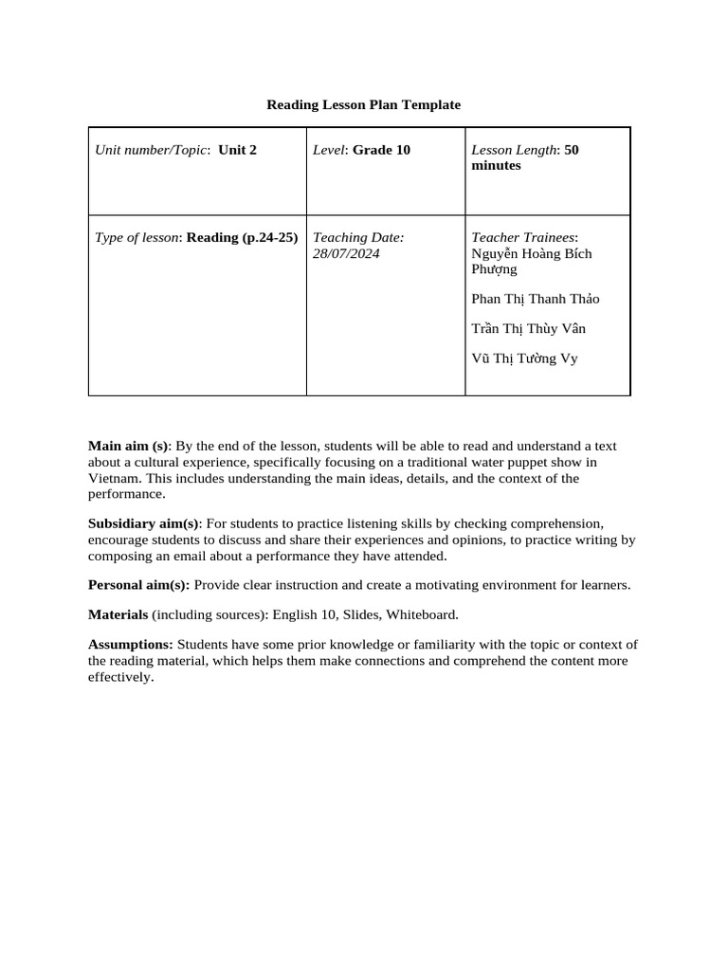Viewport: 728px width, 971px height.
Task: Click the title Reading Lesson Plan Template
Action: (363, 104)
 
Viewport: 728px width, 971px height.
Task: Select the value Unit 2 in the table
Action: (237, 150)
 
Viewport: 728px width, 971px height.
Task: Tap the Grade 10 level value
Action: (381, 150)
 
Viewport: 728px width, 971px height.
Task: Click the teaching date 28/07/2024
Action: (346, 253)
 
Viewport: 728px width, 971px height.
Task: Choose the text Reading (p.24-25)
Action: (242, 237)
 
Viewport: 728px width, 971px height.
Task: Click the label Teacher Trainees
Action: (523, 237)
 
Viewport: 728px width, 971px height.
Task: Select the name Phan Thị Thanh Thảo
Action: (535, 299)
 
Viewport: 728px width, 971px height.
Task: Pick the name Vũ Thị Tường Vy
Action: (524, 358)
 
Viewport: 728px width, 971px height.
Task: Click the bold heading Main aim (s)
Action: (128, 446)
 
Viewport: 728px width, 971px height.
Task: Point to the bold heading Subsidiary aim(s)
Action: (143, 523)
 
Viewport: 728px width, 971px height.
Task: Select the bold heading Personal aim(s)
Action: (138, 585)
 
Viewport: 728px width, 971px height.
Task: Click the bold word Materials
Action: (118, 614)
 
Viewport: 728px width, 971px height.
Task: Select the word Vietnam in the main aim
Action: (114, 478)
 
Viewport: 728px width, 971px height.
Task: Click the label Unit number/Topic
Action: (152, 150)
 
